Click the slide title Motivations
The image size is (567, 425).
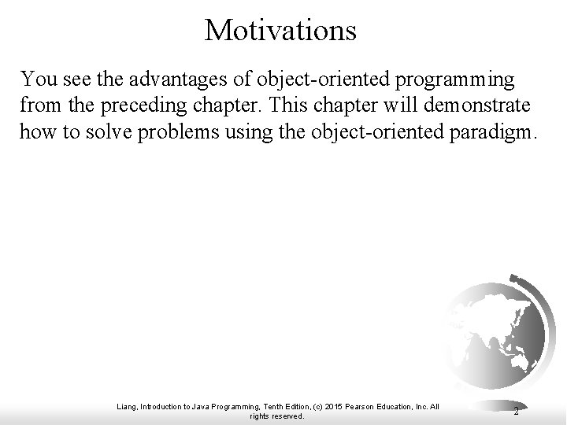(280, 30)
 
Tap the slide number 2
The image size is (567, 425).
(516, 410)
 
